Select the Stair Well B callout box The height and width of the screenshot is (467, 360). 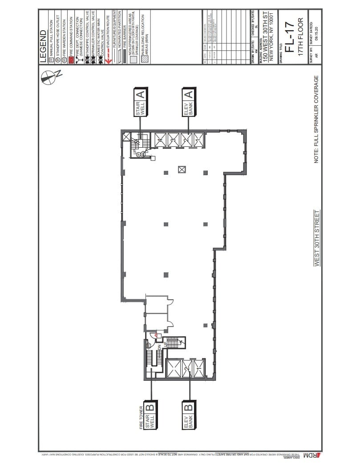[x=152, y=416]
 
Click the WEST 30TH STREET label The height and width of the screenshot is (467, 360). [x=317, y=238]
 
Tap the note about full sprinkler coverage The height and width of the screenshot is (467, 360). [x=317, y=120]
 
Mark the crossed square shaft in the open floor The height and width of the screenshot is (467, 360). [x=182, y=169]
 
